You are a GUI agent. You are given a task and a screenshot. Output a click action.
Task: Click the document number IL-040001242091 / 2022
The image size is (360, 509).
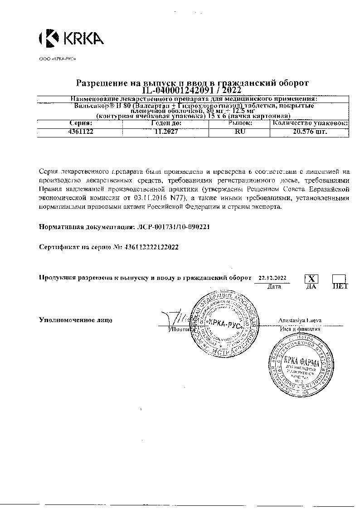point(192,90)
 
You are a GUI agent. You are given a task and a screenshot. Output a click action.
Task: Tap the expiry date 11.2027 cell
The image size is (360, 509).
point(166,132)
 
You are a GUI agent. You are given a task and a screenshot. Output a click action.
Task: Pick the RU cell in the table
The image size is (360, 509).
point(239,132)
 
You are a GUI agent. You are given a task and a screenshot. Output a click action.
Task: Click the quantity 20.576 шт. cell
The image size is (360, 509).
point(310,132)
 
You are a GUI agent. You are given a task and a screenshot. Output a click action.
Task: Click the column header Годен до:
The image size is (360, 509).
point(166,123)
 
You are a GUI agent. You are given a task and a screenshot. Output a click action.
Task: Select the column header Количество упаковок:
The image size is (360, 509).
point(310,123)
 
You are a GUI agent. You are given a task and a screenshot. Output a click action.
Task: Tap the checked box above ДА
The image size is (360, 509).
point(311,279)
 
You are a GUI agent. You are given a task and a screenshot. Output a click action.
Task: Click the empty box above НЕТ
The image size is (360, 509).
point(339,279)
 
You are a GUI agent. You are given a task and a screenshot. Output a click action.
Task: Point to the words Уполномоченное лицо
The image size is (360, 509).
point(76,320)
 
